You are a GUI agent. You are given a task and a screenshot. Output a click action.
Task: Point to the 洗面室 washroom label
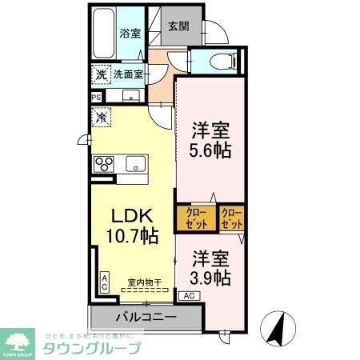click(x=126, y=74)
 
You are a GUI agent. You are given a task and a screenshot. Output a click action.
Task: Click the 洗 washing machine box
click(x=101, y=74)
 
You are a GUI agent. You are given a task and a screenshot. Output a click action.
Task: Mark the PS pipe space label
click(x=97, y=98)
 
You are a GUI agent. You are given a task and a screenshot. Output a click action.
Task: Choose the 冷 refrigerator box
click(x=101, y=118)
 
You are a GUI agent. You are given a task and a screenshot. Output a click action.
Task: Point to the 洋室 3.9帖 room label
click(x=211, y=268)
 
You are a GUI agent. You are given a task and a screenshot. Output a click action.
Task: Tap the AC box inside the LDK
click(x=104, y=280)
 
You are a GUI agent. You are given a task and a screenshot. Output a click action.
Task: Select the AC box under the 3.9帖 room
click(x=190, y=295)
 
